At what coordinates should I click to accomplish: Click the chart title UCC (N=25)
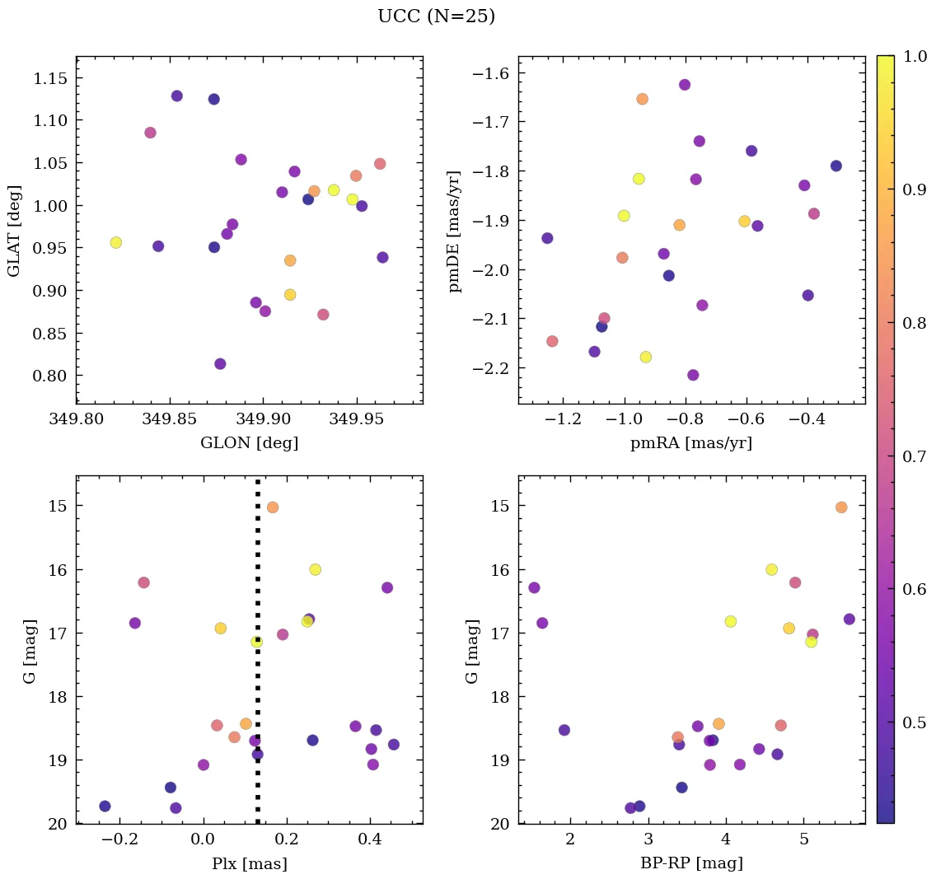click(x=436, y=16)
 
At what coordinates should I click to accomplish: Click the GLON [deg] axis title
click(x=249, y=443)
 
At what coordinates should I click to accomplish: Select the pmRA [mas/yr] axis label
click(x=691, y=443)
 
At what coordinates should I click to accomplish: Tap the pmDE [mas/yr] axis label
click(x=454, y=231)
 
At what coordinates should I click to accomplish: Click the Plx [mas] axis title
click(x=249, y=864)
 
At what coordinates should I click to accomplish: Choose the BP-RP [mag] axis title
click(x=691, y=864)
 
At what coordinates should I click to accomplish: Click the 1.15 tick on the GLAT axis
click(x=51, y=78)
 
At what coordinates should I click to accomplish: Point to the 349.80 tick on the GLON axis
click(x=77, y=419)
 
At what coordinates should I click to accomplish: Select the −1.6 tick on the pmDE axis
click(x=491, y=74)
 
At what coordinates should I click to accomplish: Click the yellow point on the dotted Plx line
click(x=257, y=642)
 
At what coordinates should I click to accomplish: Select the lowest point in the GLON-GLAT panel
click(x=220, y=364)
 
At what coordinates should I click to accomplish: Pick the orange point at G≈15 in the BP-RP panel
click(x=841, y=507)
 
